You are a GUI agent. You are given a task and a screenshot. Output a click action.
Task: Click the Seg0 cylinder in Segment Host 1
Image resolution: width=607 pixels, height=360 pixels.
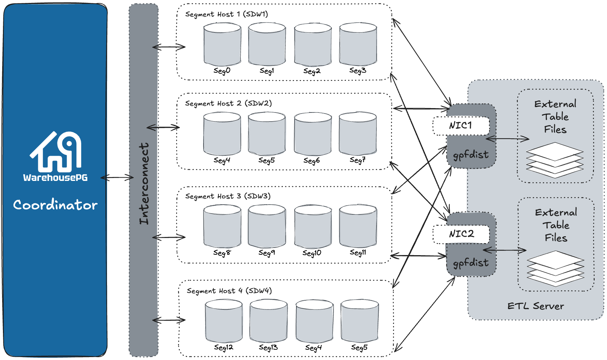(x=222, y=44)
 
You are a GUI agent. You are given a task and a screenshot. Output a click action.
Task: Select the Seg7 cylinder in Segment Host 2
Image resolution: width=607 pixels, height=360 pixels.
(x=358, y=134)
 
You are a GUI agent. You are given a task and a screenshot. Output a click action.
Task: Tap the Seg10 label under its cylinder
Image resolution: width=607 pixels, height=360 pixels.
(x=312, y=253)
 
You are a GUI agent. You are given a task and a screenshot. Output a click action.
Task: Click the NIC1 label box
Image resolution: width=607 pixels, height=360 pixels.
(x=461, y=126)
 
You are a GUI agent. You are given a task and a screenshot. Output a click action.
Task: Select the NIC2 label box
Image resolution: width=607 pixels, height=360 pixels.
(x=461, y=234)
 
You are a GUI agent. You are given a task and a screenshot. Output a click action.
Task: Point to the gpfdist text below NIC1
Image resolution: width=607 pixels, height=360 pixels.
(x=470, y=155)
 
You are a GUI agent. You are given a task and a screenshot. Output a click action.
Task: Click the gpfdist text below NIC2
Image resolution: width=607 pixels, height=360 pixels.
(x=470, y=262)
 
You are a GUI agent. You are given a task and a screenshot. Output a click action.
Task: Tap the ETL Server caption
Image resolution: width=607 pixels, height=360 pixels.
(x=535, y=306)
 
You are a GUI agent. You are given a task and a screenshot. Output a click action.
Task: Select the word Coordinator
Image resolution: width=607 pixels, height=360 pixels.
(x=55, y=205)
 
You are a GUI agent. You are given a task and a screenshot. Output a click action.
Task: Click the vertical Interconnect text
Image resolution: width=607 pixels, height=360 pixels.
(x=144, y=183)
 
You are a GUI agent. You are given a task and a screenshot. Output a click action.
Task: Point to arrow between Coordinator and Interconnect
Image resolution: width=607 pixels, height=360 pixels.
(x=117, y=178)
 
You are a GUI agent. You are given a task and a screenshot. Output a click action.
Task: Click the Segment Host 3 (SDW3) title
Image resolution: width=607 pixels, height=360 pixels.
(x=228, y=196)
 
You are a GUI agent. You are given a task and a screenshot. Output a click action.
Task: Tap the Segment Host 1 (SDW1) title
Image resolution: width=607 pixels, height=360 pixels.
(x=226, y=14)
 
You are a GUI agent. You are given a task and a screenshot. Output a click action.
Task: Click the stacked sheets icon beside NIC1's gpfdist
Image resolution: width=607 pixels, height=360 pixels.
(x=555, y=160)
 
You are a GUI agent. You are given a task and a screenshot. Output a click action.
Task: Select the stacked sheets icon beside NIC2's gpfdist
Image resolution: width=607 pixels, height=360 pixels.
(x=555, y=268)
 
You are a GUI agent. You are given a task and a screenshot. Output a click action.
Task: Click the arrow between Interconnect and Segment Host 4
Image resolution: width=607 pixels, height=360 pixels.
(x=169, y=320)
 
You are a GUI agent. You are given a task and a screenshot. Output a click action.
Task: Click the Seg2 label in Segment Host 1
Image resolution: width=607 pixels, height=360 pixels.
(x=312, y=71)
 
